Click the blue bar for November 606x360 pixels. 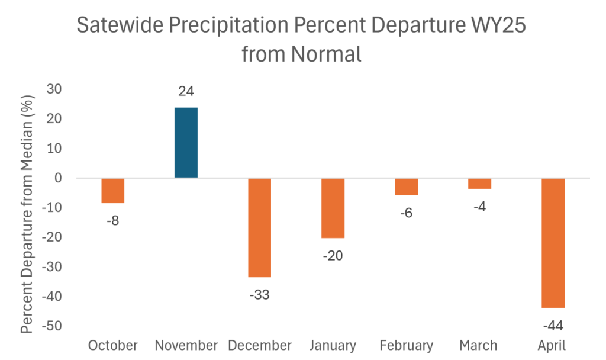186,143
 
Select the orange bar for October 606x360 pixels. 112,191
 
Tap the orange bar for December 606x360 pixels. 259,227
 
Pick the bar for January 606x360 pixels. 333,208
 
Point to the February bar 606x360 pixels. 406,187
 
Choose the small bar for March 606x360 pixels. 479,184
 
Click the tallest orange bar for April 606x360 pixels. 553,243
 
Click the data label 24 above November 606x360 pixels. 186,91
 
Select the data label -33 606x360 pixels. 259,294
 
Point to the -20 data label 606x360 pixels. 332,255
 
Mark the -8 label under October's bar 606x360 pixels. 112,220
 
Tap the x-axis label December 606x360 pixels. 259,345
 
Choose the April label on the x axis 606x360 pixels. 552,345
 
